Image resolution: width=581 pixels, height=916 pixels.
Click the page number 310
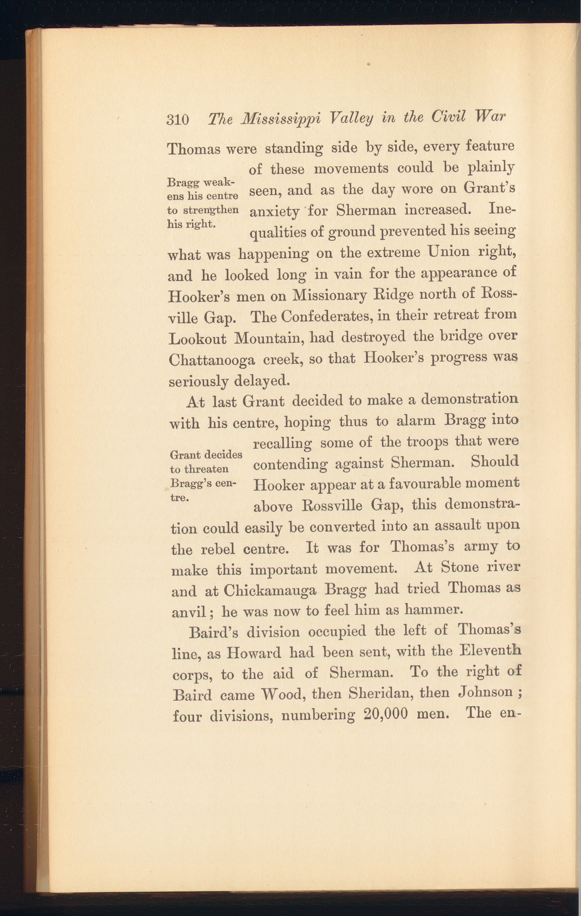tap(178, 120)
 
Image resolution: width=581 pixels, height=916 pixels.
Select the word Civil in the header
tap(448, 117)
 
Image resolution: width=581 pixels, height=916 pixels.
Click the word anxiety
tap(274, 212)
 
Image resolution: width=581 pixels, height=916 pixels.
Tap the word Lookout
tap(197, 339)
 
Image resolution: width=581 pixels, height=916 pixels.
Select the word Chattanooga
tap(212, 360)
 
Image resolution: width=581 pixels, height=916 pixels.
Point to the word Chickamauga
tap(270, 590)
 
